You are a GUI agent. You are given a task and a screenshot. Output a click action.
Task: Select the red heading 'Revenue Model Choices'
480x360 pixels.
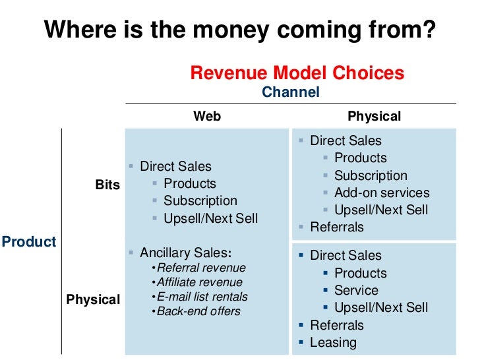(x=297, y=73)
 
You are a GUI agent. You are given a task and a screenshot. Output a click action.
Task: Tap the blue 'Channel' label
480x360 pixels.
(x=290, y=92)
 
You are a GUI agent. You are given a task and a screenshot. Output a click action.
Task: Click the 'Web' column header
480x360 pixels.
(x=207, y=116)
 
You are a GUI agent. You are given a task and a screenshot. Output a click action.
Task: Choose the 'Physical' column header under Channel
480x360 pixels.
(x=374, y=116)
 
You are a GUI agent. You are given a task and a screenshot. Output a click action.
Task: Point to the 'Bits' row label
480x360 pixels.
(x=108, y=185)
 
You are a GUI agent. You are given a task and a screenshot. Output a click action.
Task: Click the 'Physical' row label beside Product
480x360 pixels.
(x=93, y=300)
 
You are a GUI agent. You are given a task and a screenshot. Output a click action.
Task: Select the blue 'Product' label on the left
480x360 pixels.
(x=29, y=241)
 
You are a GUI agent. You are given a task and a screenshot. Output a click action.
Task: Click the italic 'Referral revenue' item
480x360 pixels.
(x=201, y=268)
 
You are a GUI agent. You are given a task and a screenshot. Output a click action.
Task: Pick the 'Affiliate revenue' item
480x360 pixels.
(x=200, y=282)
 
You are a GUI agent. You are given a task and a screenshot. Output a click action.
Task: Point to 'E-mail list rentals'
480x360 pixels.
(x=202, y=297)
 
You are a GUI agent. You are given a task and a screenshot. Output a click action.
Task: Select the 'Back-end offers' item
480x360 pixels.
(x=198, y=311)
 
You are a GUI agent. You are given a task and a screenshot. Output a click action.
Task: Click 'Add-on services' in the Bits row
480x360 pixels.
(x=382, y=193)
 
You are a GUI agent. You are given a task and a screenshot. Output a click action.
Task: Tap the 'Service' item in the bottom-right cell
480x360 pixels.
(x=356, y=290)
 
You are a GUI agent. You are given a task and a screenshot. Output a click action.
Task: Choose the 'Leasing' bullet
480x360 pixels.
(x=333, y=342)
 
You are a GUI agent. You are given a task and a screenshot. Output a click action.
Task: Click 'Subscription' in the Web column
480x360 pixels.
(x=200, y=200)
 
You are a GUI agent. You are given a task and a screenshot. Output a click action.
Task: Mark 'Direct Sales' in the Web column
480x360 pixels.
(x=175, y=166)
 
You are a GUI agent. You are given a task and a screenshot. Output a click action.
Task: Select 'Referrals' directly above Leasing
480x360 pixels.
(x=336, y=325)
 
